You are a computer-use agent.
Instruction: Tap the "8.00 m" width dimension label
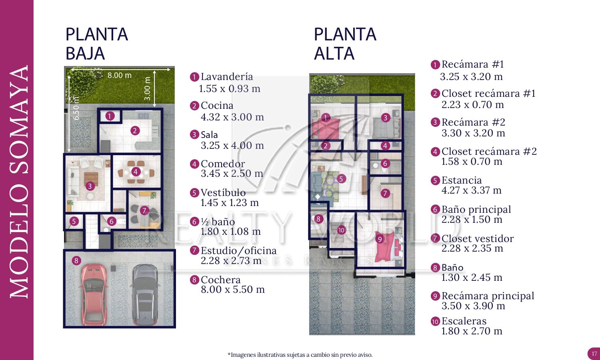click(119, 75)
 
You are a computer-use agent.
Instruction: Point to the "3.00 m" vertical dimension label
click(148, 88)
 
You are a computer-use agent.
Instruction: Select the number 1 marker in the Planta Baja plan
click(110, 116)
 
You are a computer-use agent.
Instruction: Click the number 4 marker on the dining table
click(136, 172)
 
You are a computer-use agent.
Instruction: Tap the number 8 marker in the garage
click(76, 261)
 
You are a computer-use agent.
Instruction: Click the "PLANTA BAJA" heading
click(96, 44)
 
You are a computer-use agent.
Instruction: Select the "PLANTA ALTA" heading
click(345, 44)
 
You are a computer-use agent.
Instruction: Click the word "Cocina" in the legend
click(217, 106)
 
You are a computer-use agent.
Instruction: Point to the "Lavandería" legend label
click(227, 77)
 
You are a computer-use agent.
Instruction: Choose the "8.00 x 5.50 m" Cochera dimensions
click(233, 290)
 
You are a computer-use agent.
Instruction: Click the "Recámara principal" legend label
click(488, 296)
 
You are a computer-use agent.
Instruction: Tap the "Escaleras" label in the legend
click(464, 321)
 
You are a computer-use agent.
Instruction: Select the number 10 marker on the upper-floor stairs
click(341, 230)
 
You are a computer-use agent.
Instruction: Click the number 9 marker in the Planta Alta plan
click(380, 239)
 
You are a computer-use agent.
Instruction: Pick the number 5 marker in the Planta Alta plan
click(341, 178)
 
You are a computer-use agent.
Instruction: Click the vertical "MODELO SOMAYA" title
click(19, 182)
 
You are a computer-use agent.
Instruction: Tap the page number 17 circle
click(594, 354)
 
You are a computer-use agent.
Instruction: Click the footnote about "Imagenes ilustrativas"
click(300, 355)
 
